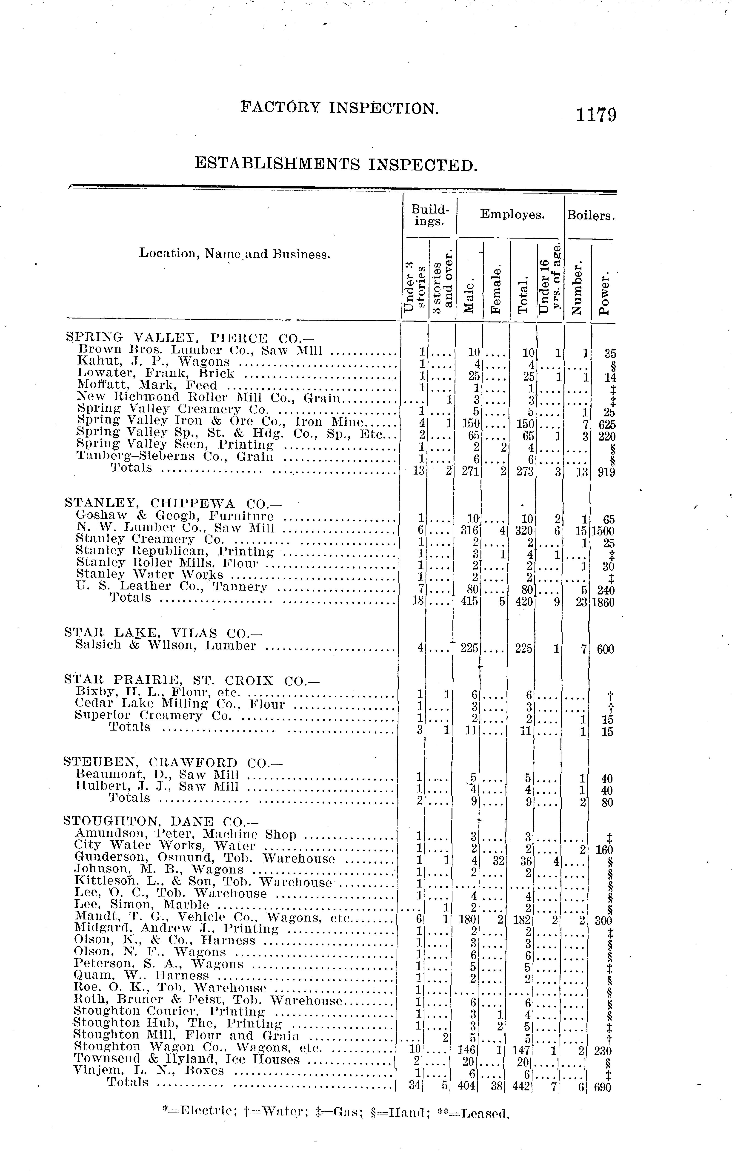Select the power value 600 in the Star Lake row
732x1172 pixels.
605,649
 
